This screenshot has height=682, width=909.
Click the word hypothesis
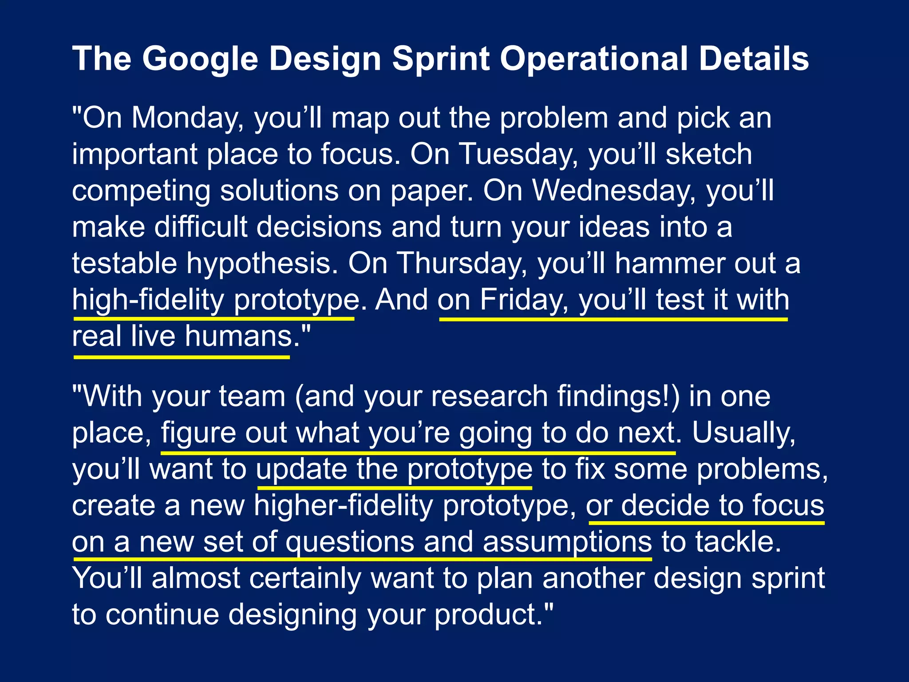[x=262, y=263]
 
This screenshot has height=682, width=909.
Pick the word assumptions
[x=567, y=542]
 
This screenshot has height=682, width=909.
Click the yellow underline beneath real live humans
[x=182, y=357]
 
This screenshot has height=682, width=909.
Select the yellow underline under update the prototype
[x=394, y=488]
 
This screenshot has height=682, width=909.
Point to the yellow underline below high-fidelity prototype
[x=213, y=318]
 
